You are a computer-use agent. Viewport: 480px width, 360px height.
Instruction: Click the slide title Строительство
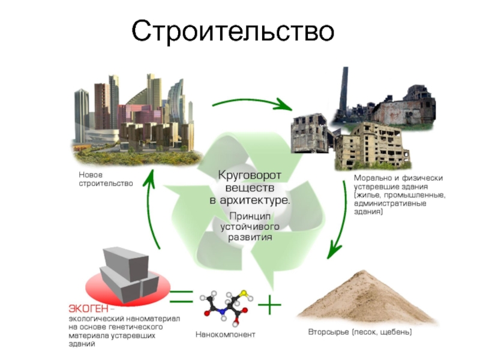[233, 31]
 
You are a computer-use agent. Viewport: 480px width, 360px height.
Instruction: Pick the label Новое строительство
[106, 179]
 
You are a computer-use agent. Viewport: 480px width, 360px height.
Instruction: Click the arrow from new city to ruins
[252, 103]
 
